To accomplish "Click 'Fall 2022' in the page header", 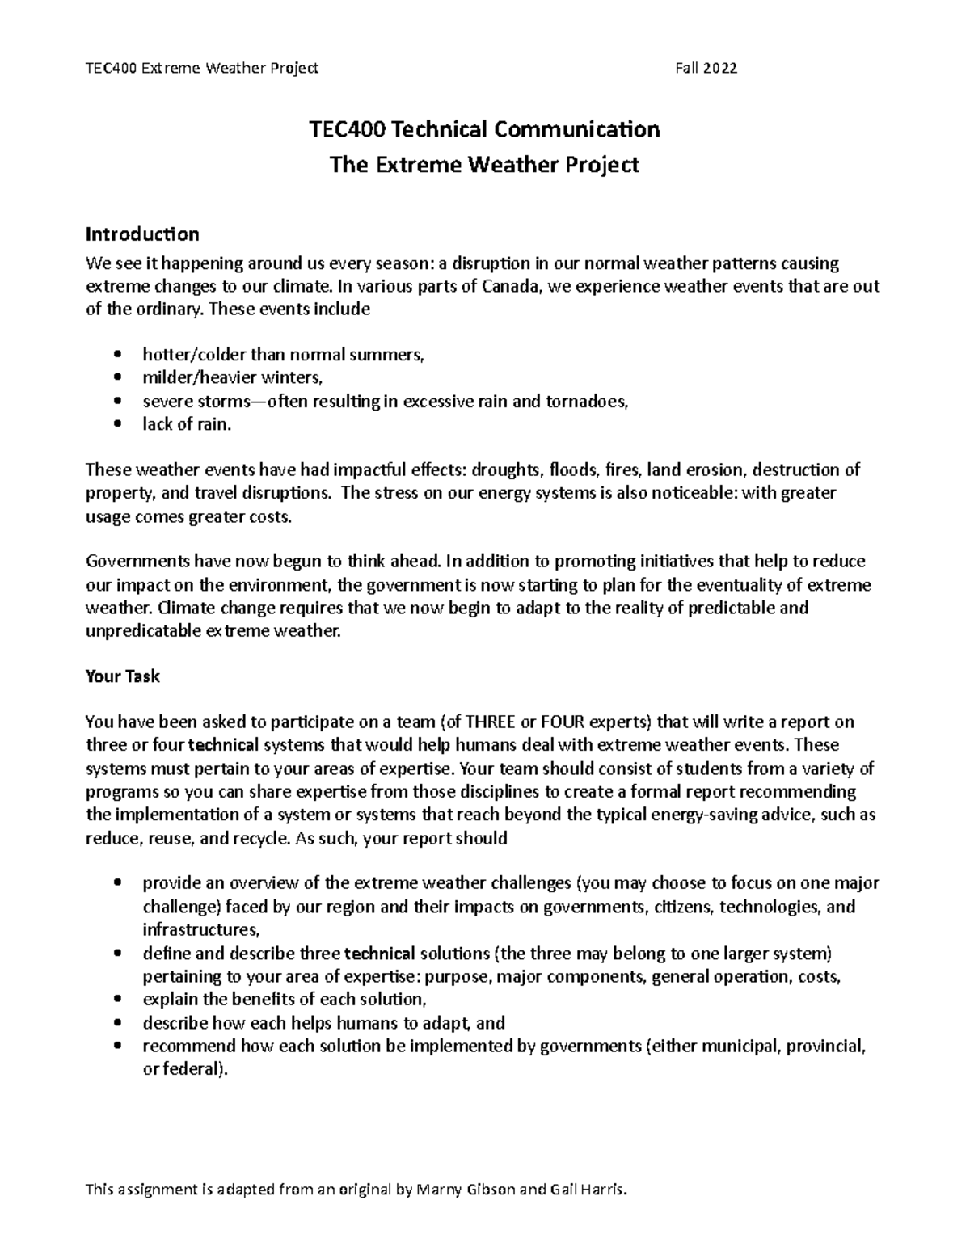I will tap(706, 68).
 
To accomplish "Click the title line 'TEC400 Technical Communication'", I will tap(485, 129).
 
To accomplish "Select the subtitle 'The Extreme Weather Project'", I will tap(485, 165).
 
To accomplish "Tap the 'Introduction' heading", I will tap(142, 234).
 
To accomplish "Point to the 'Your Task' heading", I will tap(122, 676).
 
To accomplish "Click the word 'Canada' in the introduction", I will tap(509, 286).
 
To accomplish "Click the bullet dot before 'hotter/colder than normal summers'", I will tap(118, 354).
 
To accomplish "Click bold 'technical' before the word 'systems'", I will tap(229, 745).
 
